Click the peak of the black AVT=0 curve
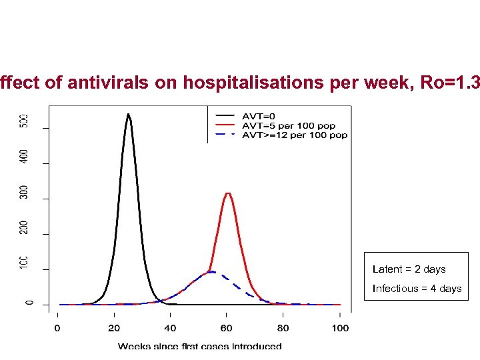pos(128,115)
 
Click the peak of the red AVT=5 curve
pos(228,193)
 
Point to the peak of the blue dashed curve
pos(211,271)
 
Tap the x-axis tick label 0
pos(57,328)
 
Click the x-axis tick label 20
pos(114,328)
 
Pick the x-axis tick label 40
pos(171,328)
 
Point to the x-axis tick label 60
pos(227,328)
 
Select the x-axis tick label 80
pos(283,328)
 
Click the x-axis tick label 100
pos(340,328)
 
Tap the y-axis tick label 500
pos(24,122)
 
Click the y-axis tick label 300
pos(24,193)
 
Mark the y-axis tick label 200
pos(24,229)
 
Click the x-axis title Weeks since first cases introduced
pos(199,346)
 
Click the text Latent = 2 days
pos(409,269)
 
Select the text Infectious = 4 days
pos(417,289)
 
